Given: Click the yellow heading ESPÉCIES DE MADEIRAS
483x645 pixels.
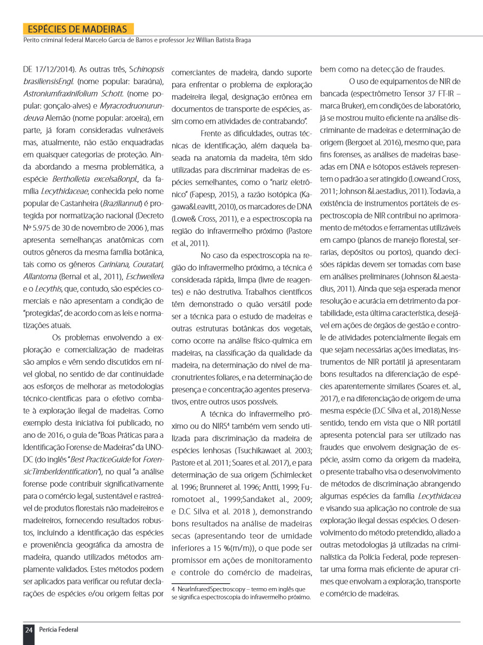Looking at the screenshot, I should point(77,29).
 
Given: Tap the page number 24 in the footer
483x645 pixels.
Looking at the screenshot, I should point(29,629).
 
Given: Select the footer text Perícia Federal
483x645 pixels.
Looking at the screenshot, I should point(58,629).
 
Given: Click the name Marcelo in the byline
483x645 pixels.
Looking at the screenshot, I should point(118,40).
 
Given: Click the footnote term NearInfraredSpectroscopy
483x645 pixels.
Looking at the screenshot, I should point(211,589).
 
